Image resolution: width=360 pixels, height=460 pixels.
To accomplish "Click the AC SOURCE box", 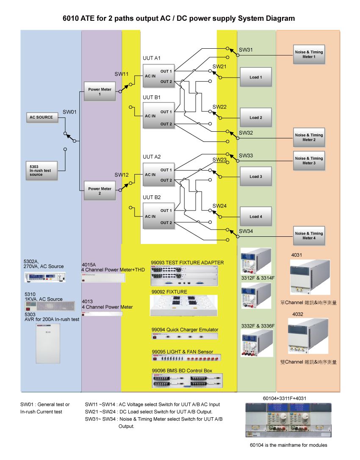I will [x=42, y=117].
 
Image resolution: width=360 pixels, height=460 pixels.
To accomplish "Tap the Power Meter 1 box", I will [x=100, y=91].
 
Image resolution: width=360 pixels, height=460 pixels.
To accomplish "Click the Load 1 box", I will [x=255, y=77].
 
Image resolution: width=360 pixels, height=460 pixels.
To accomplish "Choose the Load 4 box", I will [x=255, y=216].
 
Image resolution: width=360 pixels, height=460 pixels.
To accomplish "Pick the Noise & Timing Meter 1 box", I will [x=309, y=54].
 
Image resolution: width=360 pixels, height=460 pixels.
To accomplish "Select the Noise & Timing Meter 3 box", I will [x=309, y=161].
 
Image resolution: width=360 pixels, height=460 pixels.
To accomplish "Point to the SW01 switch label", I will [x=69, y=112].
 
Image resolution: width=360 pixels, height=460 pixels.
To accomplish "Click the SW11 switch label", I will [x=122, y=74].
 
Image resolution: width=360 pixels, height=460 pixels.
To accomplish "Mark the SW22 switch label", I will [x=219, y=107].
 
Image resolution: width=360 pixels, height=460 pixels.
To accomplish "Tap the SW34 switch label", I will [x=246, y=231].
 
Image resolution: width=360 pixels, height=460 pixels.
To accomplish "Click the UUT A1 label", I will [x=152, y=58].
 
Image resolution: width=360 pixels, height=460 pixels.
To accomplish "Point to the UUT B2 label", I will [x=152, y=197].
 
